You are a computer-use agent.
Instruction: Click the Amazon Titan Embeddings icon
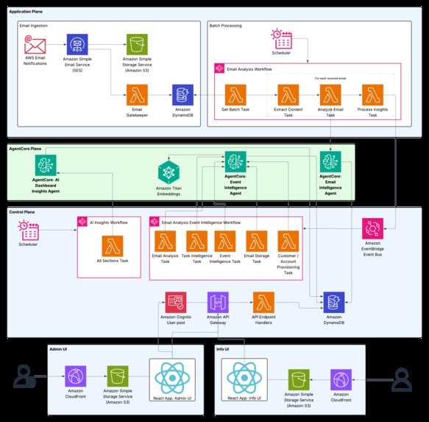pos(169,174)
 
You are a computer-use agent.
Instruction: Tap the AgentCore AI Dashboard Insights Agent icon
pos(46,164)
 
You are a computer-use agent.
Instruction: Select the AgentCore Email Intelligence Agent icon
pos(330,162)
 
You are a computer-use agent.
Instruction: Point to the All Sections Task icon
pos(113,246)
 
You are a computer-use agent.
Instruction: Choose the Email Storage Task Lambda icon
pos(256,241)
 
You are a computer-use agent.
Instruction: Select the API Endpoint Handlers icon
pos(263,302)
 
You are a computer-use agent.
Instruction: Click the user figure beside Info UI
pos(401,379)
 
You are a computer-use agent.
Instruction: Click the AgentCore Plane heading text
pos(25,149)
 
